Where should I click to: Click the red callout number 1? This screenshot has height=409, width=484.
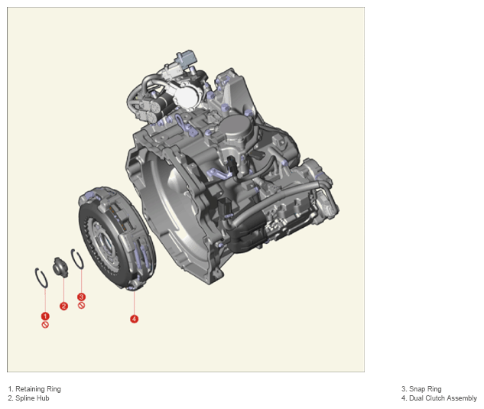point(45,316)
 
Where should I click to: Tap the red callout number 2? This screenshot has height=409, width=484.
point(63,306)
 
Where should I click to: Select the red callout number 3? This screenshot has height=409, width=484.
point(81,297)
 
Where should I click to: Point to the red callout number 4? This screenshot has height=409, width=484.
point(134,319)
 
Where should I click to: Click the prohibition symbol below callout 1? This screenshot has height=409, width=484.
point(45,325)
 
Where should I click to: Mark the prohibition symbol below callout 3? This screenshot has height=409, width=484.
point(81,306)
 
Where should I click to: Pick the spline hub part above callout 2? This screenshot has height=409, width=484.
point(60,267)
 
